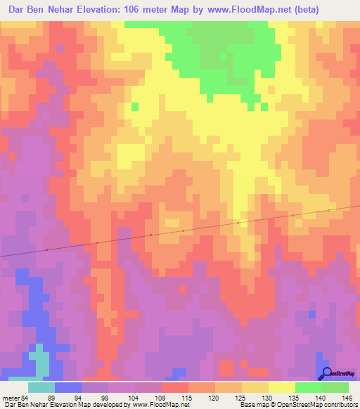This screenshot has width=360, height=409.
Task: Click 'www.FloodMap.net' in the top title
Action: [243, 10]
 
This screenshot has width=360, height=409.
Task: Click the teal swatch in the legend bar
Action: [41, 387]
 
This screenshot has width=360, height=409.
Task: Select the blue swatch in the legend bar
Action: [68, 387]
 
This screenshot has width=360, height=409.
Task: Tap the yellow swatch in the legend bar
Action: [282, 387]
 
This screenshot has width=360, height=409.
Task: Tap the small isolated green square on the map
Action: [135, 107]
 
